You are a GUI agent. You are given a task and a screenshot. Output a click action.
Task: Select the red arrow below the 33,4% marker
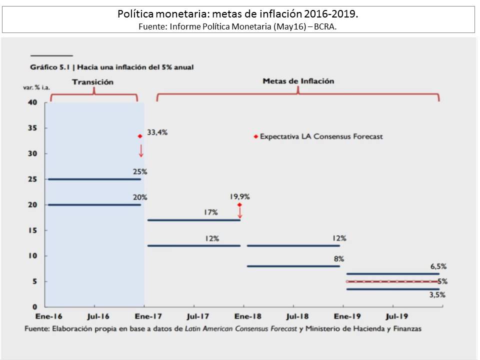tap(141, 151)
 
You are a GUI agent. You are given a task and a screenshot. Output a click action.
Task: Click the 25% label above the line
tap(139, 171)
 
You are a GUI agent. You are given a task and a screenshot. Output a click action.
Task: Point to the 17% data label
tap(211, 212)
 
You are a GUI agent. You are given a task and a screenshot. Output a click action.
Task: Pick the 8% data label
tap(339, 258)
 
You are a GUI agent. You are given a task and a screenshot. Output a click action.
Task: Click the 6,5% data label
tap(437, 266)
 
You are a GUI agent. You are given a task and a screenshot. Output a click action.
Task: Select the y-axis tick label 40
tap(32, 102)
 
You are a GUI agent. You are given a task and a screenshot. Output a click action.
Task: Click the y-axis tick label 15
tap(32, 230)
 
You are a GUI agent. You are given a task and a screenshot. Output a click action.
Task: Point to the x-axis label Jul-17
tap(198, 316)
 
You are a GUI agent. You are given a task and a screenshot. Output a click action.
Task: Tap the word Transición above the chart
tap(93, 81)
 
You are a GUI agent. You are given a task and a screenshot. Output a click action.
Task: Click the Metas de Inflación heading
tap(298, 80)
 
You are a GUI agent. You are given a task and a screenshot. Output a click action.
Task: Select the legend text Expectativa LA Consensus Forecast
tap(321, 136)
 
